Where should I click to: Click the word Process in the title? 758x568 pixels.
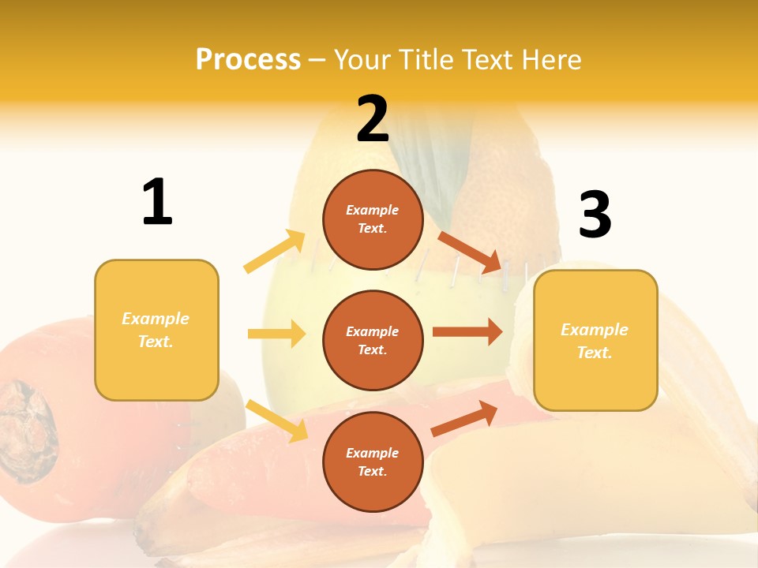(x=248, y=59)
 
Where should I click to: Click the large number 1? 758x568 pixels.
(x=157, y=202)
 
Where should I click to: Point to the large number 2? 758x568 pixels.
(x=373, y=119)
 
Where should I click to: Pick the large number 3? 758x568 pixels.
(x=595, y=215)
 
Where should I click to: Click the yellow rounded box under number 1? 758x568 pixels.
(x=156, y=330)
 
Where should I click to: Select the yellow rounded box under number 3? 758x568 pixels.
(x=595, y=340)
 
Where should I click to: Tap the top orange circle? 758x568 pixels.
(x=373, y=219)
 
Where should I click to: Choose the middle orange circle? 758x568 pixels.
(x=373, y=340)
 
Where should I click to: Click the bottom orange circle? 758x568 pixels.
(x=373, y=461)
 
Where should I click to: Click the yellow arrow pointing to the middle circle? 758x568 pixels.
(x=276, y=334)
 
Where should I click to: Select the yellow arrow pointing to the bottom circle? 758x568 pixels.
(x=276, y=420)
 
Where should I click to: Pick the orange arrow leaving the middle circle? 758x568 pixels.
(x=467, y=332)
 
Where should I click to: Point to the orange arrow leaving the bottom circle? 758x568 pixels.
(x=464, y=418)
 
